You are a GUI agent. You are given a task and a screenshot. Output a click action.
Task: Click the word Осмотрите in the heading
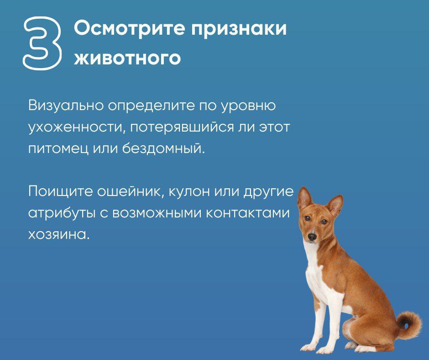click(x=130, y=28)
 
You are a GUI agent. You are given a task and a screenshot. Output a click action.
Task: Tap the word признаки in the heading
click(x=239, y=29)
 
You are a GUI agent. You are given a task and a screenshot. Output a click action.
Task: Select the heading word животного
click(x=127, y=58)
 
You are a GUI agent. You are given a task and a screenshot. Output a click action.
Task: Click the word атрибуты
click(x=62, y=214)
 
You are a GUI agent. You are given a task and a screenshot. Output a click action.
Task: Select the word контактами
click(x=247, y=213)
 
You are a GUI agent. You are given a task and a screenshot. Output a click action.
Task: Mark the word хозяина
click(x=59, y=234)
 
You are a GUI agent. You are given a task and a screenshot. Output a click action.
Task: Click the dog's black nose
click(x=312, y=236)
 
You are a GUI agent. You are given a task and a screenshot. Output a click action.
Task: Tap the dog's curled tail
click(x=408, y=324)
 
